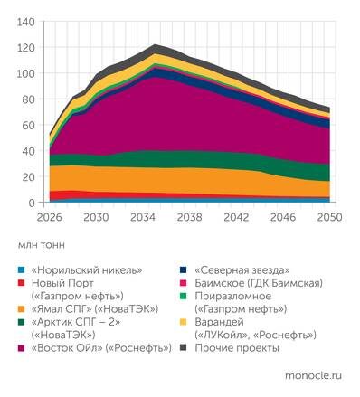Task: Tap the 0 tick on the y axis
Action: (32, 203)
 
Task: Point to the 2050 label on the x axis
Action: (329, 218)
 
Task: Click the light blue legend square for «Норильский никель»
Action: (23, 269)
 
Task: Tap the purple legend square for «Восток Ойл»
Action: (23, 347)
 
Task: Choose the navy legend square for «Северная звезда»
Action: (185, 269)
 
